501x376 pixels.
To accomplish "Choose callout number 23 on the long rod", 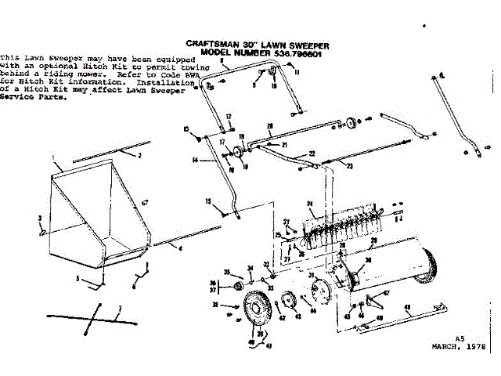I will [x=350, y=166].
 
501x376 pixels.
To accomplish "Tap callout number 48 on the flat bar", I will [x=407, y=306].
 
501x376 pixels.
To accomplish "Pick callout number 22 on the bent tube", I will [x=312, y=154].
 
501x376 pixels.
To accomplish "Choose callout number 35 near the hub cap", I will [x=227, y=272].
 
